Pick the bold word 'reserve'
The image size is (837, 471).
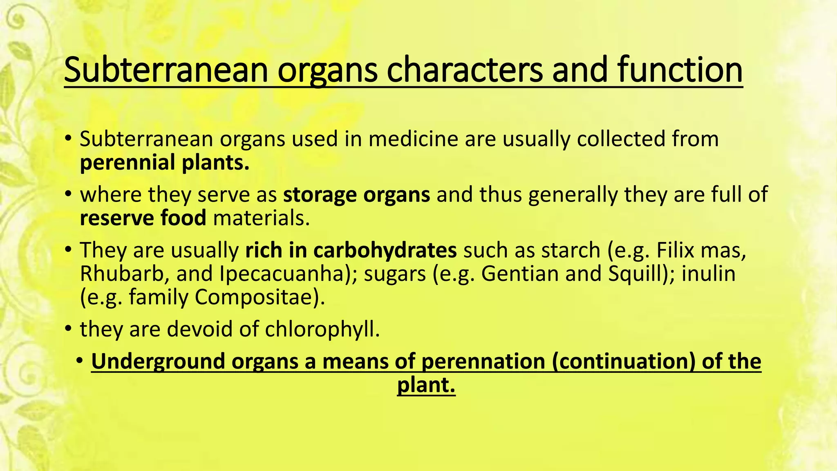[x=116, y=218]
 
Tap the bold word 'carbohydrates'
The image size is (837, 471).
[x=385, y=250]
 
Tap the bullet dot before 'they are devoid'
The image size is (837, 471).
[x=68, y=328]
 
